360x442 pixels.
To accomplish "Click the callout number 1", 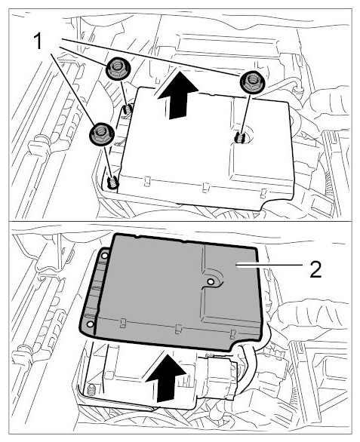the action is click(x=38, y=41).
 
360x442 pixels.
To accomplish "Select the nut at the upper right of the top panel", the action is click(x=252, y=81).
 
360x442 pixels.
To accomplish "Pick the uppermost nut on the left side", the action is click(x=118, y=68).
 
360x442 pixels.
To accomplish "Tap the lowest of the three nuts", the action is click(x=102, y=134).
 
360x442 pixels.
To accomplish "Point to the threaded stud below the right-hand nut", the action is click(x=239, y=138).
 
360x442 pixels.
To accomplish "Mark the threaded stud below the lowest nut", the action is click(x=112, y=182).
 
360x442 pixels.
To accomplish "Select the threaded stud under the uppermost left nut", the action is click(x=128, y=109).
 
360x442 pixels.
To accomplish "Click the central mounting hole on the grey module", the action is click(x=211, y=281).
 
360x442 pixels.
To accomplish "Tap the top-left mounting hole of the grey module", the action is click(x=104, y=256).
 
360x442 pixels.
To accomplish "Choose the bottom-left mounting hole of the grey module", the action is click(x=91, y=324).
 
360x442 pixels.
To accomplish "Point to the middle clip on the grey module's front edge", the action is click(x=178, y=329).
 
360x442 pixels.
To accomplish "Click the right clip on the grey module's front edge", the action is click(x=232, y=334).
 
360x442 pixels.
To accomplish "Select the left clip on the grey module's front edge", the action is click(x=123, y=323).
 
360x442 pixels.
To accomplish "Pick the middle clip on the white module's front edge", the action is click(x=206, y=188).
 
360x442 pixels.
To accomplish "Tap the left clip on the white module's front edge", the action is click(x=146, y=182).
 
